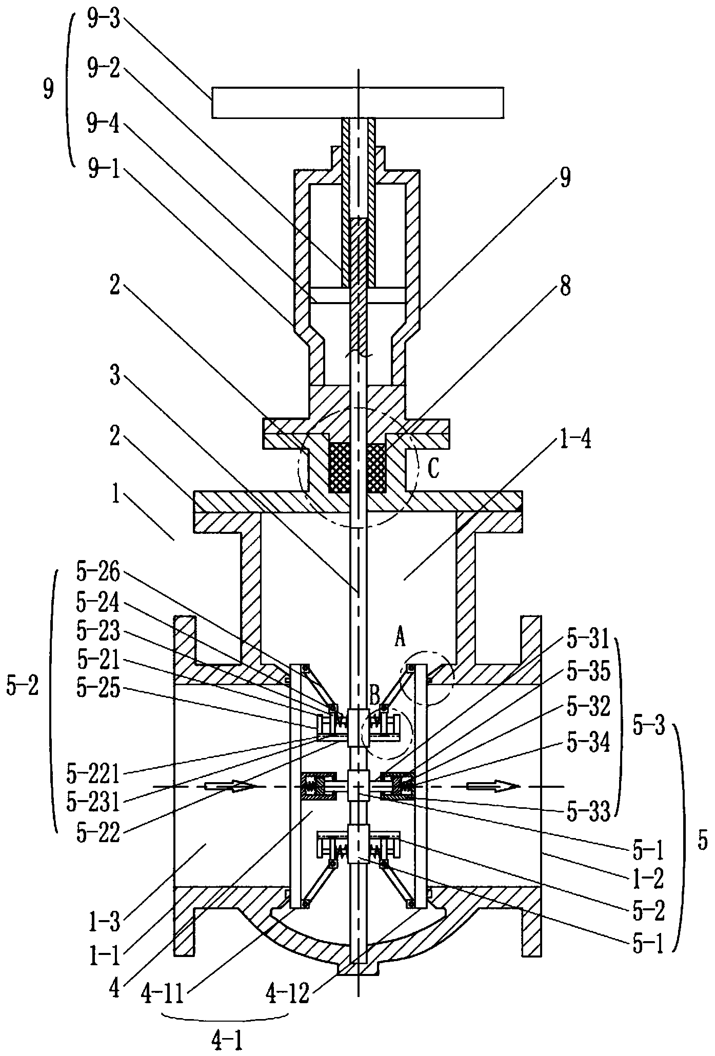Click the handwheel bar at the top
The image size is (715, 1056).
[x=357, y=103]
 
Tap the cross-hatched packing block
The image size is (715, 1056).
[x=357, y=468]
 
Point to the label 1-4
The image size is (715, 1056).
[x=577, y=440]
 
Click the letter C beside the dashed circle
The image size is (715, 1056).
[x=433, y=469]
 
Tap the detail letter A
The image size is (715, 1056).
[x=400, y=639]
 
